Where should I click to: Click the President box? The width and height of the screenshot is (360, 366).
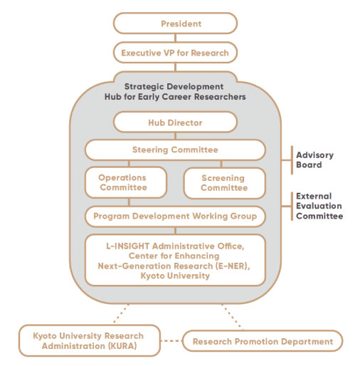(175, 23)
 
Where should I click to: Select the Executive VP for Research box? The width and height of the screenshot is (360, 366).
(175, 53)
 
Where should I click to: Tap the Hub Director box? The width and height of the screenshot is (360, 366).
(175, 122)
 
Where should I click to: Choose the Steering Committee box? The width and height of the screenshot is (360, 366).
(175, 150)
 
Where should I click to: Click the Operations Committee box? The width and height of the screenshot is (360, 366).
(126, 182)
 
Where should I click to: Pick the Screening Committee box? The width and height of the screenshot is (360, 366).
(225, 183)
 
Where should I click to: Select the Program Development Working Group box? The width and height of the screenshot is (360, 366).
(175, 216)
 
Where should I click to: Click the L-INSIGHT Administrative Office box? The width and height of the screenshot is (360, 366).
(175, 260)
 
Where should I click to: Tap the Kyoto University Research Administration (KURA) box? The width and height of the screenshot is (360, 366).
(90, 340)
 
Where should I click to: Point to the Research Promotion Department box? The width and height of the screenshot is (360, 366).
(263, 341)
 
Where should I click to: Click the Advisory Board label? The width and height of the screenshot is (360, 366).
(314, 160)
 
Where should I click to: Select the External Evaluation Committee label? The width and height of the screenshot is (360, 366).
(319, 206)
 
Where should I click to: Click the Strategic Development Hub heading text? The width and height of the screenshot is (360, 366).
(175, 92)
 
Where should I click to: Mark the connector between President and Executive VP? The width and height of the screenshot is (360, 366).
(175, 38)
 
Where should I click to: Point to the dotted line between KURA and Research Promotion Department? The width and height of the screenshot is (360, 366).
(171, 341)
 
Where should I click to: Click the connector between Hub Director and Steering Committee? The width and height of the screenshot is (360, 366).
(175, 136)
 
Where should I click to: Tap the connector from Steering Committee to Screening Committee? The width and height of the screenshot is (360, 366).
(221, 164)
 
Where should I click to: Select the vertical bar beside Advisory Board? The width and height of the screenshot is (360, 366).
(292, 160)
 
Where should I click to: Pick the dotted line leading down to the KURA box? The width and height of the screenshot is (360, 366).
(122, 313)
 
